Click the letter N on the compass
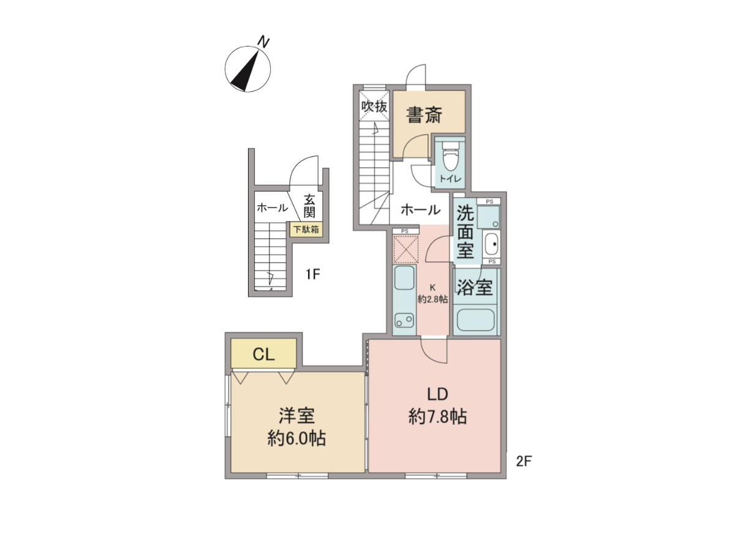264,42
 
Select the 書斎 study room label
424,114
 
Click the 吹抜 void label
374,107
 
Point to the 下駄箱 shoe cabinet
306,230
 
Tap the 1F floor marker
313,275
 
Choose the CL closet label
264,354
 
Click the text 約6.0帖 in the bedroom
296,438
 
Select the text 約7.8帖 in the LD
437,417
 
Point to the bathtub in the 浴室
475,320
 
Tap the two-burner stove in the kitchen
404,320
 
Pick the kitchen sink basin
404,278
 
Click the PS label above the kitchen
405,231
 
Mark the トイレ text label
450,179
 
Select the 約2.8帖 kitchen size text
432,299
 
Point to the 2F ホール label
421,210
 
